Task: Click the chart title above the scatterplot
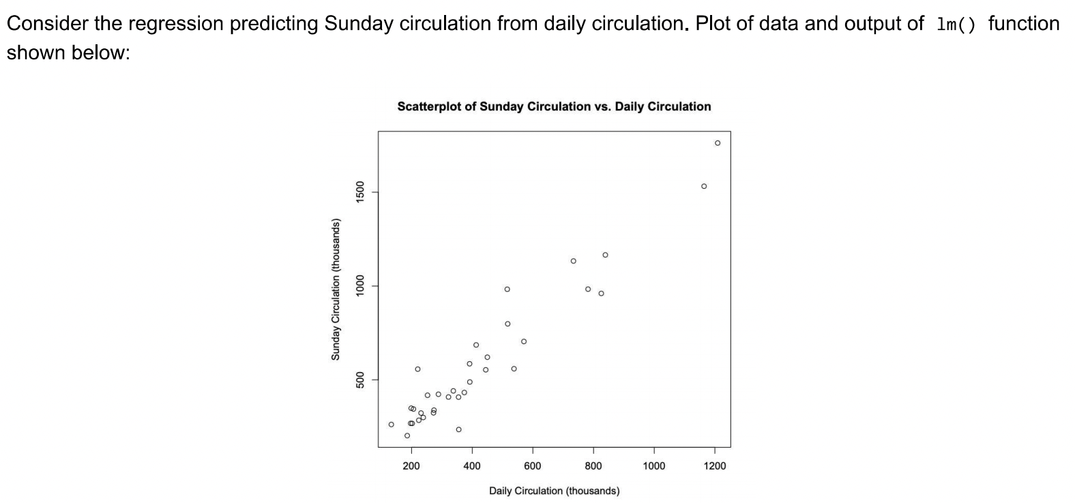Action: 554,106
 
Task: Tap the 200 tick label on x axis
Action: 411,466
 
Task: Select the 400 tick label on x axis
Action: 471,466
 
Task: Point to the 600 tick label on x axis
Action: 532,466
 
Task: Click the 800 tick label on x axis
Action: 593,466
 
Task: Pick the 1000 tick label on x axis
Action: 653,466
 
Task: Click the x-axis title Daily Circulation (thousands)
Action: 554,491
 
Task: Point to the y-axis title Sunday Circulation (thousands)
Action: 335,289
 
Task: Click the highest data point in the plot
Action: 717,143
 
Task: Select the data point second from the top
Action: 704,186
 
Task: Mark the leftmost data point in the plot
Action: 391,425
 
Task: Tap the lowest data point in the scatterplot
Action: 407,436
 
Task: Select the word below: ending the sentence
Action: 102,52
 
